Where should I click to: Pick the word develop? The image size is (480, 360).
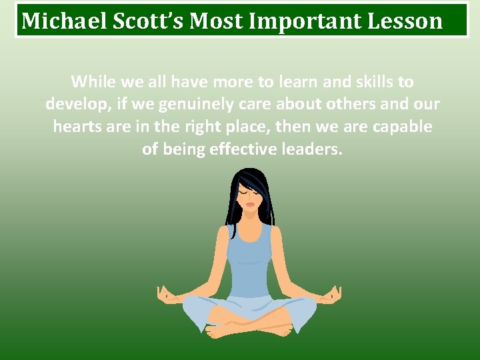[73, 105]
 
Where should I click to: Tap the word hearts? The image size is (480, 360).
[77, 127]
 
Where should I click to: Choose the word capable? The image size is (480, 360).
[402, 127]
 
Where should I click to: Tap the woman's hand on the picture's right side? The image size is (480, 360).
[332, 294]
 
